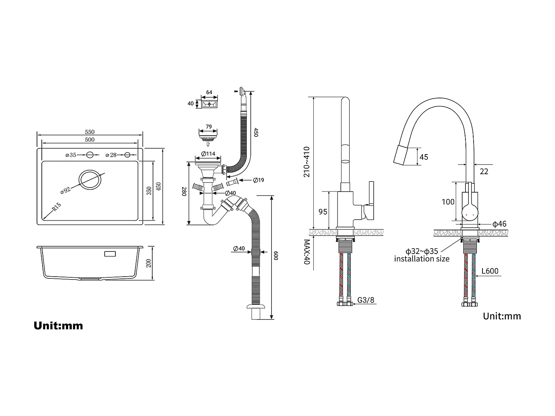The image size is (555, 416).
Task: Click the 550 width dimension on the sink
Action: click(90, 132)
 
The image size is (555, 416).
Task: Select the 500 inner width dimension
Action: click(90, 140)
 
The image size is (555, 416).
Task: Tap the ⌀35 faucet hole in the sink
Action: click(90, 155)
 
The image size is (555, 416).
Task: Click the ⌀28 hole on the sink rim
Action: click(127, 155)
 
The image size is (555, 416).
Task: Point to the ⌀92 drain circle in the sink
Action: click(89, 180)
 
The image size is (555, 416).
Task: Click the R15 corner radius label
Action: click(56, 207)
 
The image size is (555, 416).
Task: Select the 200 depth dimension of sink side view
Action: click(149, 263)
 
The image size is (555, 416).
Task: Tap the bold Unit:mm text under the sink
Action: click(58, 326)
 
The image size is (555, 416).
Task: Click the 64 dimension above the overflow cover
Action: click(209, 92)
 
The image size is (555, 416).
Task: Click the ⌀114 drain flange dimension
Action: click(208, 154)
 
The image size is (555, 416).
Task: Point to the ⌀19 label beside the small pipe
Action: click(258, 180)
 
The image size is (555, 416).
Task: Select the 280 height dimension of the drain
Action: click(184, 191)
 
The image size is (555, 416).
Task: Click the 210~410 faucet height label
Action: click(307, 162)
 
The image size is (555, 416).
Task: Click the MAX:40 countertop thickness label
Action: click(307, 252)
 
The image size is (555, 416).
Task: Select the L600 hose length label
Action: click(490, 271)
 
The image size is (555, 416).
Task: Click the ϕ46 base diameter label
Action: click(499, 224)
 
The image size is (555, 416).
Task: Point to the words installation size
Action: click(421, 259)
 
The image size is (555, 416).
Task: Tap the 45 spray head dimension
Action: click(424, 157)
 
